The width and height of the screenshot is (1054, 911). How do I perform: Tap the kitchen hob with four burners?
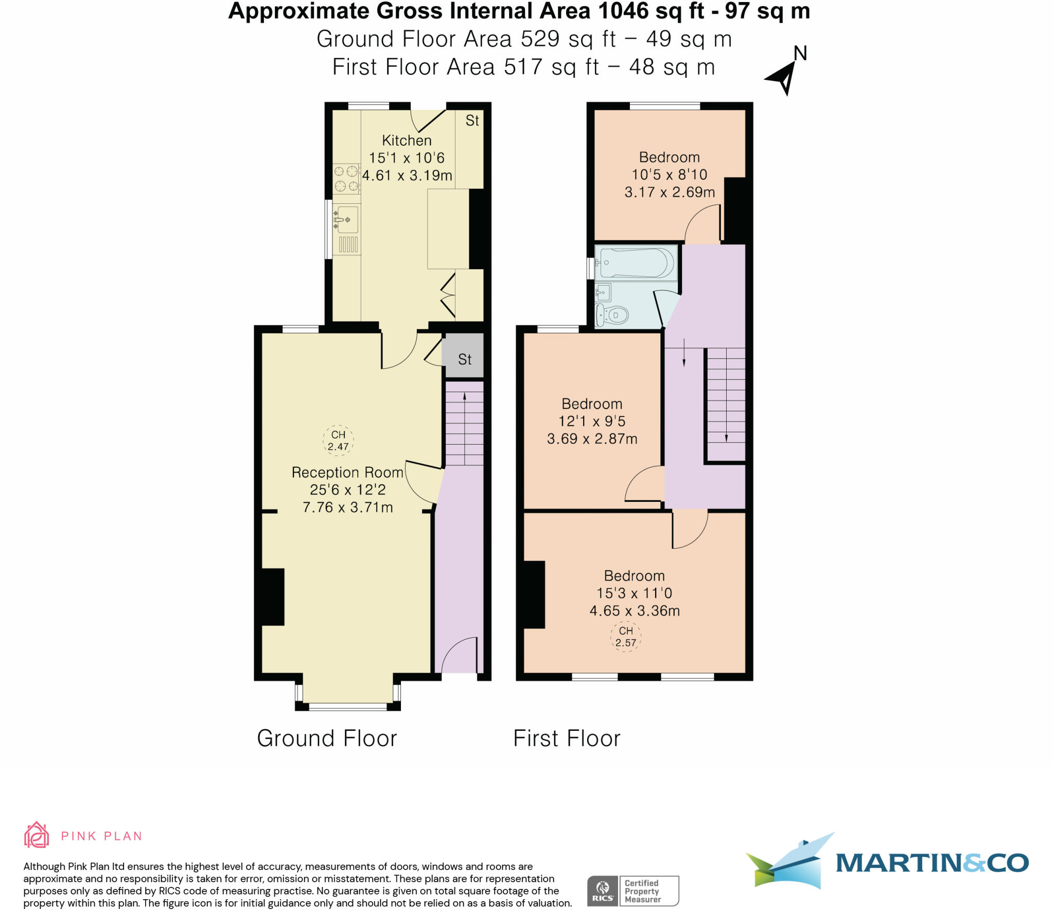point(346,178)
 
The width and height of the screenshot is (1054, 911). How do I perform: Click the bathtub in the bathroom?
point(636,262)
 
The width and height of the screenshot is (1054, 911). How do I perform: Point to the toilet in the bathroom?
point(612,314)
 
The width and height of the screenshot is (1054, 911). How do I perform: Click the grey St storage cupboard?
point(464,356)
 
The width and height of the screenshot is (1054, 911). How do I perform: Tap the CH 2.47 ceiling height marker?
point(338,441)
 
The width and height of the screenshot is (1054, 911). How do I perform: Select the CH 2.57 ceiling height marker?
point(626,637)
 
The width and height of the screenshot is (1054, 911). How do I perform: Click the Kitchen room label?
point(407,141)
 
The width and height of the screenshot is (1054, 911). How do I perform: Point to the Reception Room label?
point(347,472)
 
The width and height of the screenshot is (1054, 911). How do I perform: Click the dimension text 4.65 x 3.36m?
point(635,611)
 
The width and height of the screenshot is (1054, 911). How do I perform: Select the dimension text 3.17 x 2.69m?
point(670,192)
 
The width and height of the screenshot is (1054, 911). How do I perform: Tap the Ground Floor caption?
point(327,739)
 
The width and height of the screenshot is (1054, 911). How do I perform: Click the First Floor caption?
point(567,739)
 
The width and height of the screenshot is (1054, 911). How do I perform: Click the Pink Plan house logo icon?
point(37,834)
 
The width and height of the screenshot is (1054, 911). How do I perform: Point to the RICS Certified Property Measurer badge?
point(633,891)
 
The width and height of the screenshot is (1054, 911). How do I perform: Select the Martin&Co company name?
point(932,863)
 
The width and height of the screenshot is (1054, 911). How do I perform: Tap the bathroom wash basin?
point(603,292)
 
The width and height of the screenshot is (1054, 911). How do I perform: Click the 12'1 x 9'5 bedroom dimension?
point(592,422)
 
